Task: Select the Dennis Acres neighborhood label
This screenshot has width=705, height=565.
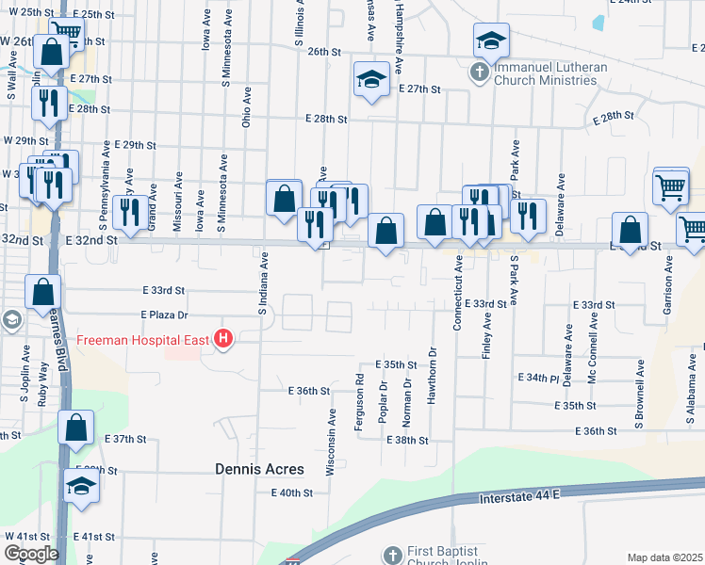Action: (x=259, y=468)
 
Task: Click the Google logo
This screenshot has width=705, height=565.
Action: (x=30, y=554)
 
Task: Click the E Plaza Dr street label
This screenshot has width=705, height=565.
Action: (x=165, y=315)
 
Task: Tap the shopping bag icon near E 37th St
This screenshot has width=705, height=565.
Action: (x=75, y=428)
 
